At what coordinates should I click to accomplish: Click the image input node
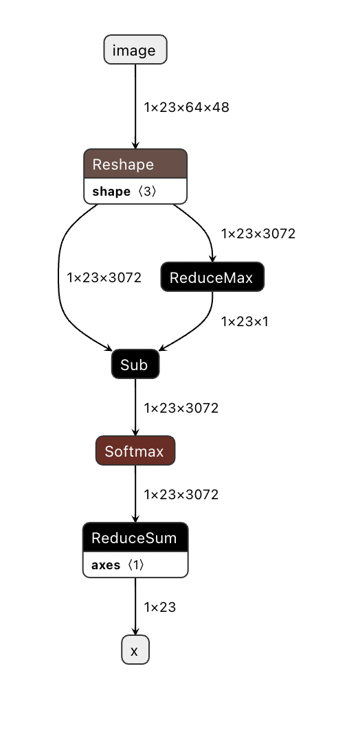(x=135, y=50)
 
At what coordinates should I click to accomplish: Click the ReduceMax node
(x=212, y=277)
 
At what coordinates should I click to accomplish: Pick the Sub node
(x=135, y=365)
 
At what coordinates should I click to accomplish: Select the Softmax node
(x=135, y=451)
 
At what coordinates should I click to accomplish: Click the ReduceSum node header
(x=135, y=538)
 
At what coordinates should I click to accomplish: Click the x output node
(x=135, y=650)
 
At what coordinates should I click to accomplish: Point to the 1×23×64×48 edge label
(x=186, y=107)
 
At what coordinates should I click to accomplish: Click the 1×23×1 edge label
(x=244, y=321)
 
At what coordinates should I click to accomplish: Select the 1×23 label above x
(x=159, y=607)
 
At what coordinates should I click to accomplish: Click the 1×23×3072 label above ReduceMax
(x=258, y=233)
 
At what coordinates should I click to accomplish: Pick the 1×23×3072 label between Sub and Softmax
(x=181, y=408)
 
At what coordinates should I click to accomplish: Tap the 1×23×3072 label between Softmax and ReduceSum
(x=181, y=494)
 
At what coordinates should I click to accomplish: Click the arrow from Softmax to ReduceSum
(x=135, y=494)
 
